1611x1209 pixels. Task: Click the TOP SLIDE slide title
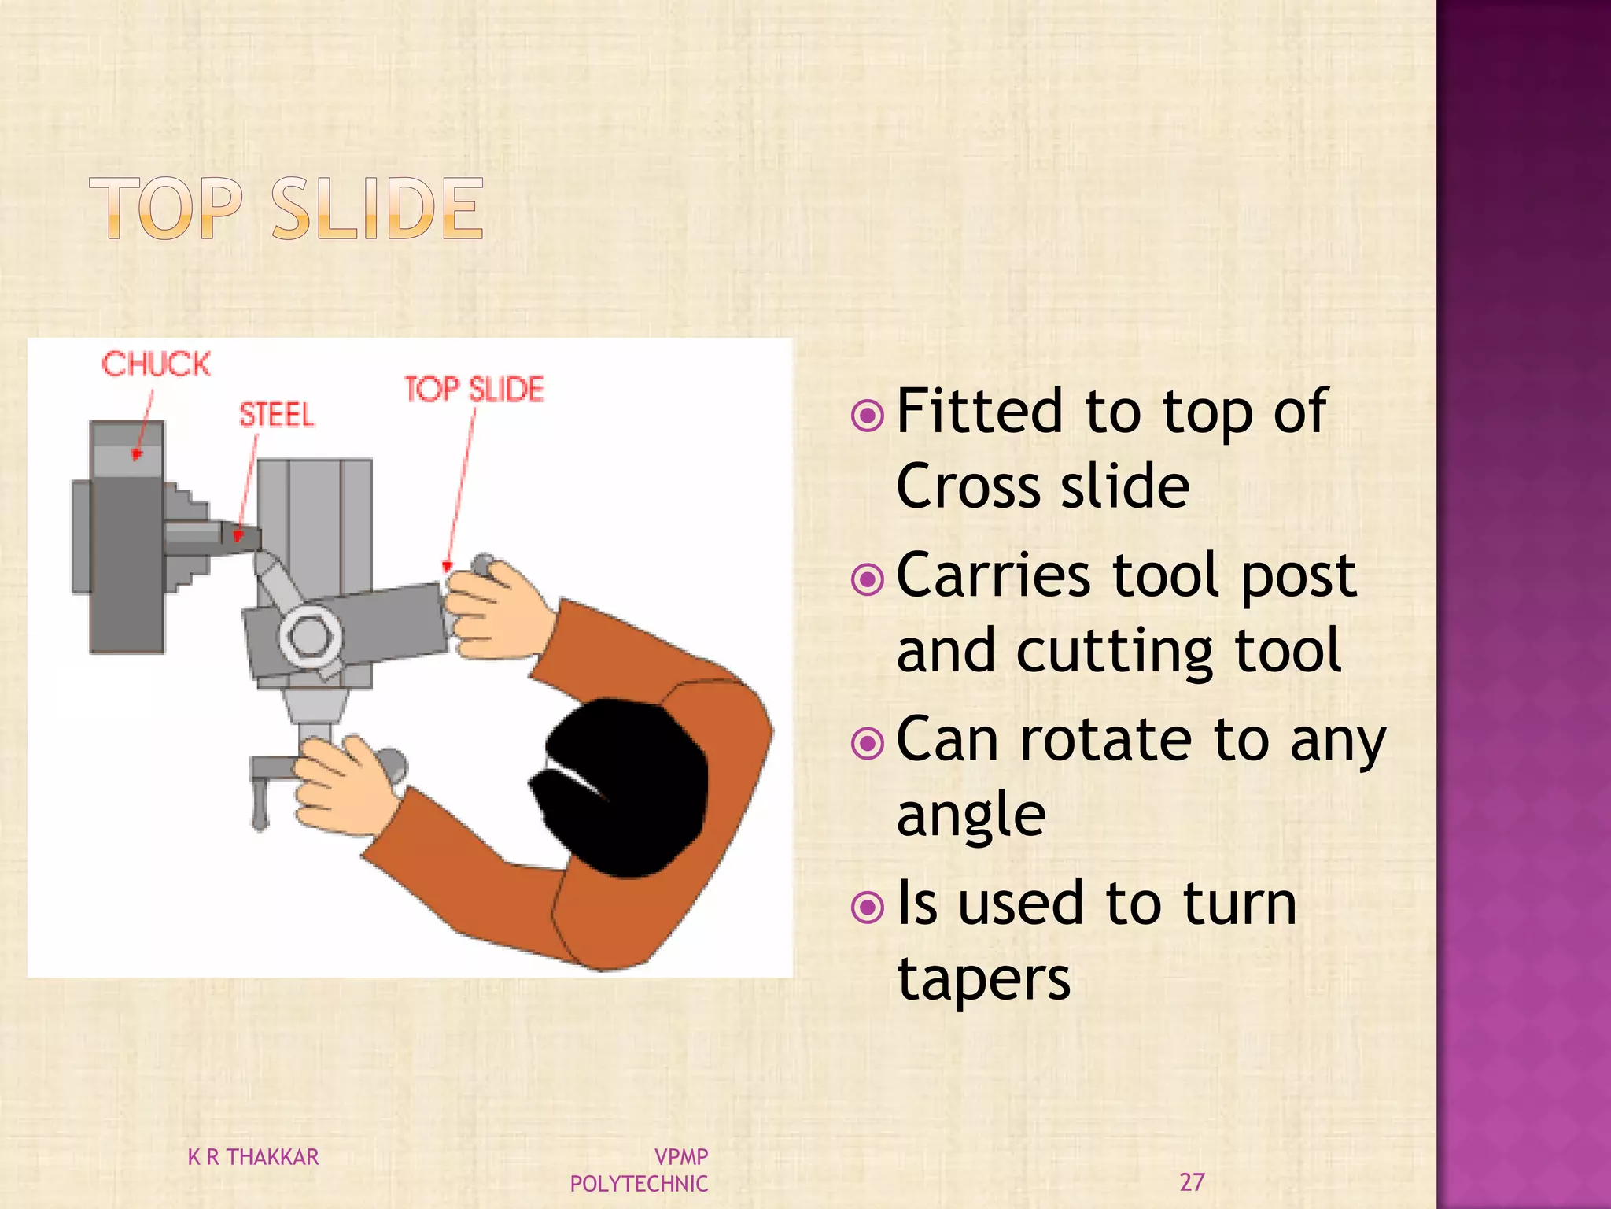pyautogui.click(x=286, y=208)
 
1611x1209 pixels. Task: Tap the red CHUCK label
pyautogui.click(x=156, y=364)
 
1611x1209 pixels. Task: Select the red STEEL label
pyautogui.click(x=276, y=415)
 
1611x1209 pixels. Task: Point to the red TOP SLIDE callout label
pyautogui.click(x=474, y=390)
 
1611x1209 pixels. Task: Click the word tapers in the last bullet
pyautogui.click(x=983, y=979)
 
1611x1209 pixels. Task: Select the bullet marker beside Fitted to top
pyautogui.click(x=868, y=415)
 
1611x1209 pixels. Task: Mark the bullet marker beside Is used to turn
pyautogui.click(x=868, y=908)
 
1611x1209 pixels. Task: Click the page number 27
pyautogui.click(x=1192, y=1181)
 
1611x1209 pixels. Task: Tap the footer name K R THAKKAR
pyautogui.click(x=253, y=1157)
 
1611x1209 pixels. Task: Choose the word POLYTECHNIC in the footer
pyautogui.click(x=639, y=1184)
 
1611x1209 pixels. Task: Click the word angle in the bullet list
pyautogui.click(x=971, y=815)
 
